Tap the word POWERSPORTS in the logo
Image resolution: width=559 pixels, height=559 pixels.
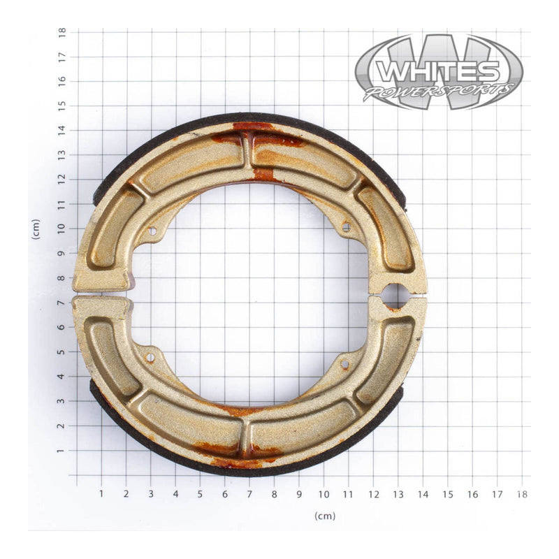pyautogui.click(x=438, y=92)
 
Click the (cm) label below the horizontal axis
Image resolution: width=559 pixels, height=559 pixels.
pyautogui.click(x=324, y=516)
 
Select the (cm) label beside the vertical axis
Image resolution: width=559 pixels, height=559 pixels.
pyautogui.click(x=36, y=229)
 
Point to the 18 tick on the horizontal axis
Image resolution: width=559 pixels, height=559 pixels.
pyautogui.click(x=521, y=494)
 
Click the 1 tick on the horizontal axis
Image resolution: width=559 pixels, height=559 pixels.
pyautogui.click(x=101, y=494)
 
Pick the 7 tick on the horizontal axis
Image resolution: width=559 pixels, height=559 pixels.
pyautogui.click(x=249, y=494)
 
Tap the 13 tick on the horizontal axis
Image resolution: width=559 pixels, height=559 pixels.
pyautogui.click(x=398, y=494)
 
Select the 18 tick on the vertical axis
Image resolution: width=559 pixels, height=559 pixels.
pyautogui.click(x=62, y=32)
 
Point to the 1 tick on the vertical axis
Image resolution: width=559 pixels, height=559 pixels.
pyautogui.click(x=62, y=451)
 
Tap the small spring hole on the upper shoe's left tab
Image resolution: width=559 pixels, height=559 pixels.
pyautogui.click(x=152, y=230)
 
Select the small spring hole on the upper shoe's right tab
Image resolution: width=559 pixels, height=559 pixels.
pyautogui.click(x=344, y=226)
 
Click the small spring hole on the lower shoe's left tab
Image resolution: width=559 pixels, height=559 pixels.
pyautogui.click(x=150, y=357)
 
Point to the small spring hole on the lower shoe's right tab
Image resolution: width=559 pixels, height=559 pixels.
pyautogui.click(x=344, y=363)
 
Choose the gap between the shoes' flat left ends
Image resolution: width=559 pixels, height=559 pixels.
pyautogui.click(x=101, y=294)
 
